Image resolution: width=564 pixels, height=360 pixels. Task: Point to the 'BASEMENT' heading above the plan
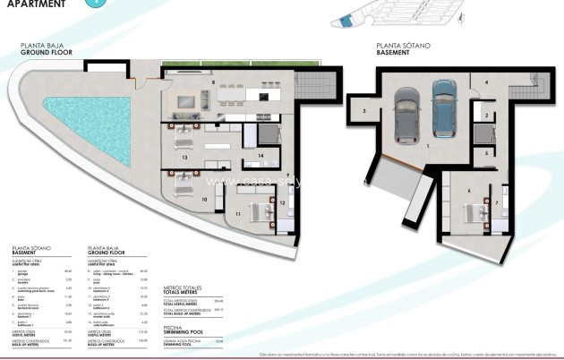pos(393,52)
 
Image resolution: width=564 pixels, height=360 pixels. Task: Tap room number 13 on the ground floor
pos(184,157)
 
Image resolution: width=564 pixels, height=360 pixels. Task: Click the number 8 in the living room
pos(213,82)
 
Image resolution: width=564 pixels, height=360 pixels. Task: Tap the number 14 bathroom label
pos(261,156)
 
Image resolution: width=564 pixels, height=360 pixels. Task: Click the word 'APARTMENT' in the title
pos(33,4)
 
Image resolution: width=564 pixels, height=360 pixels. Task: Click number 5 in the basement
pos(487,152)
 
